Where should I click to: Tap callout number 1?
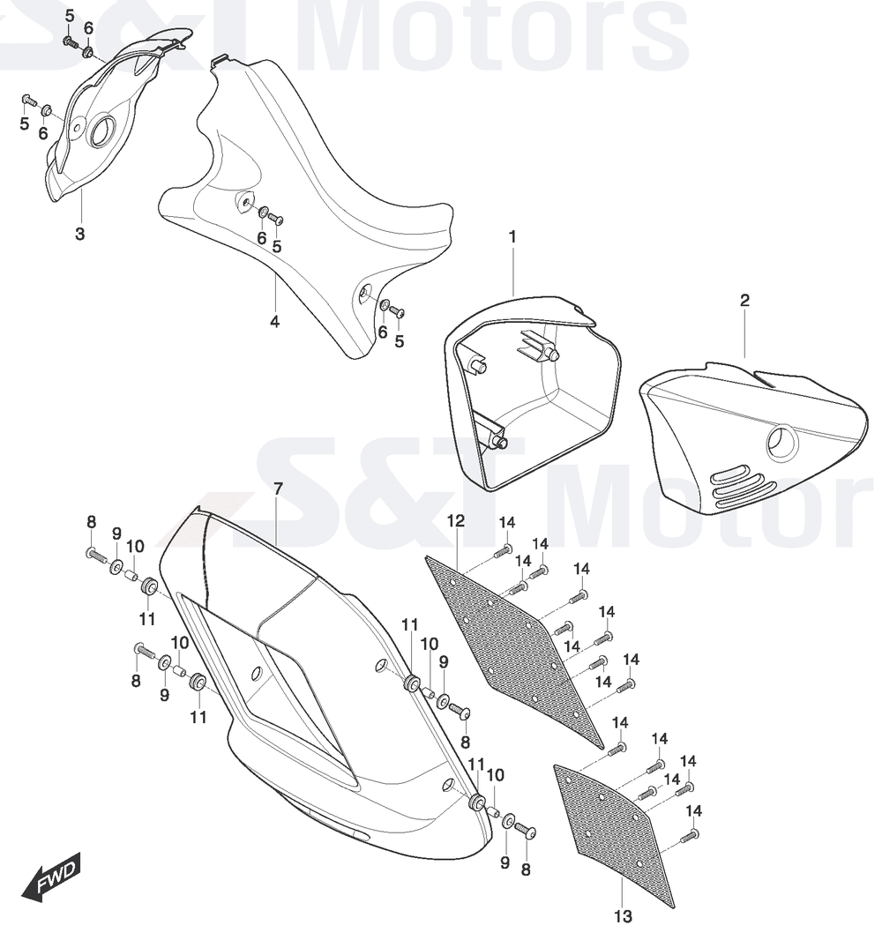512,237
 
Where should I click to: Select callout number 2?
744,301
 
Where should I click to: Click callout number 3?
79,235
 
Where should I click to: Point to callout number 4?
274,322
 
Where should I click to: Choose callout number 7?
278,489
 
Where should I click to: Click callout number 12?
456,521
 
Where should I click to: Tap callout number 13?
623,917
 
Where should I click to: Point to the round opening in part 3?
104,131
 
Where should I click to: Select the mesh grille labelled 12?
516,648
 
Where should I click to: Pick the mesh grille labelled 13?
615,835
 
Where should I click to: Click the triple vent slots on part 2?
739,486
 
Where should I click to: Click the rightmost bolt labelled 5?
397,311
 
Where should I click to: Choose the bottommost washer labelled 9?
508,821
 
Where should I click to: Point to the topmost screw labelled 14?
503,549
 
